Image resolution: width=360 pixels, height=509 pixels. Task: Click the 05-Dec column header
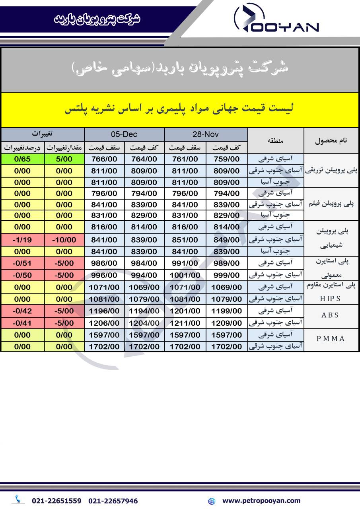124,134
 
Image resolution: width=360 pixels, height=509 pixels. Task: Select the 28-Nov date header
206,134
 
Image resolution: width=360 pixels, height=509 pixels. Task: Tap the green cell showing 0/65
22,159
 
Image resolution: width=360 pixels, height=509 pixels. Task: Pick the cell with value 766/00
104,159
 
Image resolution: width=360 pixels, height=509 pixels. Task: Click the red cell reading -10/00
64,240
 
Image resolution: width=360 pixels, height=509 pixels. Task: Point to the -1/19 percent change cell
22,240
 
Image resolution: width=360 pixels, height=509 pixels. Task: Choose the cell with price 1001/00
185,275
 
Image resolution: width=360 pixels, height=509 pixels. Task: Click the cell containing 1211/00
185,323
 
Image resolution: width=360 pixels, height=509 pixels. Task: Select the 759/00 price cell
226,159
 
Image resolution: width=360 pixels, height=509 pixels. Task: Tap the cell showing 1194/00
144,311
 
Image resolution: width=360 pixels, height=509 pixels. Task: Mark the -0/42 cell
22,311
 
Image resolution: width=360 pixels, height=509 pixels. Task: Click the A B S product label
330,315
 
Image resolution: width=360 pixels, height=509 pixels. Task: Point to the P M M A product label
330,339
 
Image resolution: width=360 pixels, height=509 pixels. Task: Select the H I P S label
330,299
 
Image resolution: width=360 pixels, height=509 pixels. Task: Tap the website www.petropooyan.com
261,501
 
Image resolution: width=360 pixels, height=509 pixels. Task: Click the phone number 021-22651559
56,501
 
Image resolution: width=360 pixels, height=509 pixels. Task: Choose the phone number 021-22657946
113,501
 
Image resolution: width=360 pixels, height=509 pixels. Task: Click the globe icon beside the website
212,501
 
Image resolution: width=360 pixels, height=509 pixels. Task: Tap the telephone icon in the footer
18,499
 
